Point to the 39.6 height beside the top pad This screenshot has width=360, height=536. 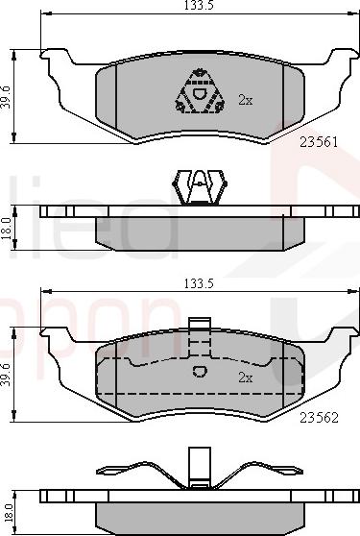click(9, 96)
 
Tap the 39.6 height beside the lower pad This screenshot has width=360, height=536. click(9, 373)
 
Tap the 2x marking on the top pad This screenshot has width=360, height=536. click(245, 99)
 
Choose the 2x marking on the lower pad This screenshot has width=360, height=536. click(245, 378)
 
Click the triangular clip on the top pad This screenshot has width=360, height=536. click(200, 93)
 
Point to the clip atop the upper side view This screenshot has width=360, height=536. click(199, 186)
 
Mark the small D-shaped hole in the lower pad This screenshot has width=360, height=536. click(200, 373)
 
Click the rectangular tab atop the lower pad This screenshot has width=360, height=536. click(200, 327)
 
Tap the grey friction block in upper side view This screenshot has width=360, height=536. click(200, 230)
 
